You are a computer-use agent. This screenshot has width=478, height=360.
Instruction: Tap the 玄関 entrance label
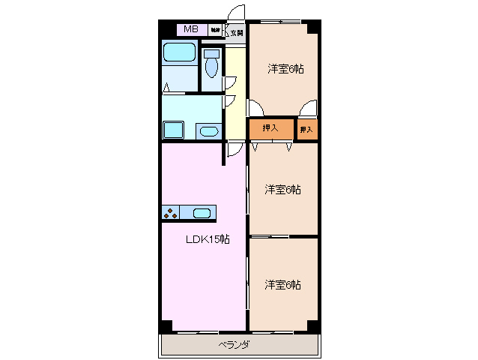237,32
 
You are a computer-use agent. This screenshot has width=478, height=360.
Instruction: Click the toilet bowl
211,68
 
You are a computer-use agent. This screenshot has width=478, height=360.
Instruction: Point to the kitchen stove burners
170,212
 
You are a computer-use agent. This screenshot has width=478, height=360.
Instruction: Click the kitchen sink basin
202,212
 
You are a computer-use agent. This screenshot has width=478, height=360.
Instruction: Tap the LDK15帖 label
208,240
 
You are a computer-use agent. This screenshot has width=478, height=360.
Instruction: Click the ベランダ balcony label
235,345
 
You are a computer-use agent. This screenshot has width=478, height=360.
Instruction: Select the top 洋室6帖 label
285,69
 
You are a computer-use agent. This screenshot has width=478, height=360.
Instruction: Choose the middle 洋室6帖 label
283,189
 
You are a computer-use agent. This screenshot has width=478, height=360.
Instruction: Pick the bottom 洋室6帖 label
283,285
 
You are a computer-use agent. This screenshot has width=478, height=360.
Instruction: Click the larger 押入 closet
271,129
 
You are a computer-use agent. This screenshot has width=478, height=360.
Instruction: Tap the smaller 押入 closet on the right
307,130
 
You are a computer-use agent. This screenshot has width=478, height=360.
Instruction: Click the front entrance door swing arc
237,13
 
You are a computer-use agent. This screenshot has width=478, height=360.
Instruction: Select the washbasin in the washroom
208,132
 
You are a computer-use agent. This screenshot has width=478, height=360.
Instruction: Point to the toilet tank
211,53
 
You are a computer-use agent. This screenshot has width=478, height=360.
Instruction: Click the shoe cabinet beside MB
215,31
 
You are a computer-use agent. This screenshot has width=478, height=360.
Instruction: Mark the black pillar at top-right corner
314,28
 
